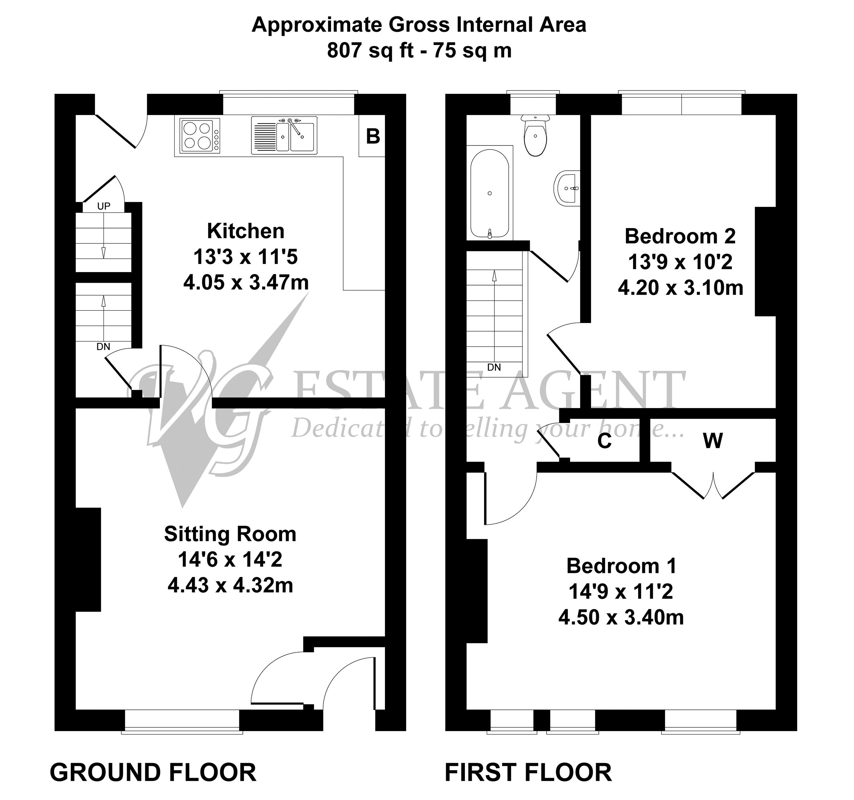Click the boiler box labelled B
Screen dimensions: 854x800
click(372, 136)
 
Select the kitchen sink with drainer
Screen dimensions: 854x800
click(284, 135)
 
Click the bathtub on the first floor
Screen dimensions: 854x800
click(490, 193)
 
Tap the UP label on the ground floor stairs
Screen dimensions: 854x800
click(104, 206)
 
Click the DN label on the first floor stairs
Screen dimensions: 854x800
click(494, 367)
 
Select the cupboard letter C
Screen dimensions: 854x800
click(604, 441)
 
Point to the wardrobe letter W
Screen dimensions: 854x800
click(713, 440)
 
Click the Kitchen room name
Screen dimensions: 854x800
click(246, 231)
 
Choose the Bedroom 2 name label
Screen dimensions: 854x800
click(680, 236)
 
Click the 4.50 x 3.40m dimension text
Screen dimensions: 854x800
click(621, 617)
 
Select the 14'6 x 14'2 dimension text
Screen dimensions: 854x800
click(230, 560)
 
